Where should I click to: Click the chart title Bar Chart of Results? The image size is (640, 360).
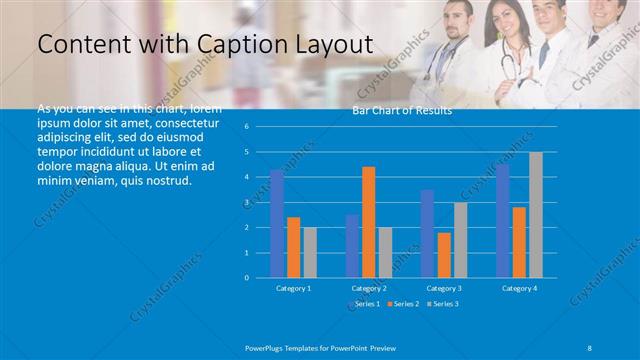point(402,110)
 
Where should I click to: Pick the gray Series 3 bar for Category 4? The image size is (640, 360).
point(536,214)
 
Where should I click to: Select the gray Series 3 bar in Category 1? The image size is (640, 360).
point(310,252)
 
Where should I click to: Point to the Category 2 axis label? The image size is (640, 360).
point(368,288)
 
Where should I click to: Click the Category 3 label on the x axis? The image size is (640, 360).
point(443,288)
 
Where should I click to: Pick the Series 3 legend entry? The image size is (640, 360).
point(442,303)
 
